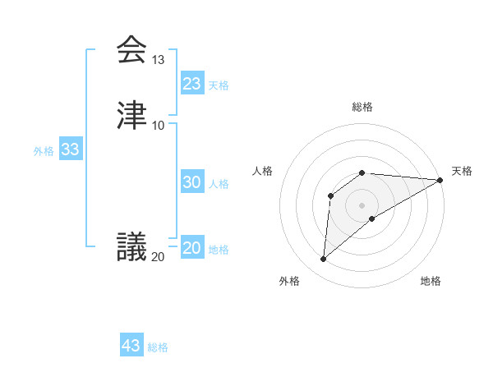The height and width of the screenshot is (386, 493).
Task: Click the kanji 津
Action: coord(132,116)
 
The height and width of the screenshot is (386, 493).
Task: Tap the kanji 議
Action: coord(132,246)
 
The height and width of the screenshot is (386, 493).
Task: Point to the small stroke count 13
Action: coord(159,60)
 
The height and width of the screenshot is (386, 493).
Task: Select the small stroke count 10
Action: coord(159,125)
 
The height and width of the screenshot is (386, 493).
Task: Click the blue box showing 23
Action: coord(192,84)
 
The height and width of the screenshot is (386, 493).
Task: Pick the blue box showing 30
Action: coord(192,182)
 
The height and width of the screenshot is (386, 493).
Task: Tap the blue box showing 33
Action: coord(70,149)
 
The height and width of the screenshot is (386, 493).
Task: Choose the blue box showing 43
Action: coord(131,346)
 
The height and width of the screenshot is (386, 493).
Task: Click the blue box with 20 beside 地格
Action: coord(192,248)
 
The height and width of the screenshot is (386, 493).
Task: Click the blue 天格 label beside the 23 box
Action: coord(219,85)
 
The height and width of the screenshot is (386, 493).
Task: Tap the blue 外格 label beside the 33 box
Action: coord(44,151)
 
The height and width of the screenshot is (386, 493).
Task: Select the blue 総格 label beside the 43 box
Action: coord(158,347)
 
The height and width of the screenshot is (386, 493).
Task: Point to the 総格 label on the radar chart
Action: coord(362,108)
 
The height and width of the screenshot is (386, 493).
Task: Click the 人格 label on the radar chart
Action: coord(262,171)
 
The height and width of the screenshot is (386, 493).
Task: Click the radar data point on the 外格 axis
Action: coord(323,260)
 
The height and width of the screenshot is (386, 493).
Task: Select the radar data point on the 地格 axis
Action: coord(372,218)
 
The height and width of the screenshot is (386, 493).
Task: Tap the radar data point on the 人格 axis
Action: coord(330,195)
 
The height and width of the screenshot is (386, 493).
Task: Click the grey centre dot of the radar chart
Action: coord(362,205)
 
